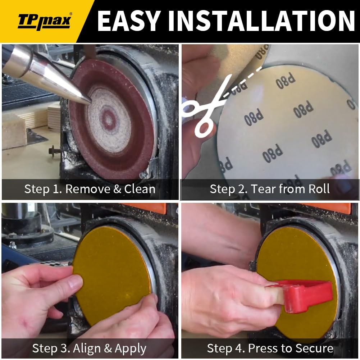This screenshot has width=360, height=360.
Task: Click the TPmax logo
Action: pos(45,21)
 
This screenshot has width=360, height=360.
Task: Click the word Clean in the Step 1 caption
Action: pos(140,189)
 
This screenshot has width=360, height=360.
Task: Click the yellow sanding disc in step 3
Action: pos(113,275)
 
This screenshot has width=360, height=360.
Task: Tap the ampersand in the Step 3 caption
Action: pos(108,348)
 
